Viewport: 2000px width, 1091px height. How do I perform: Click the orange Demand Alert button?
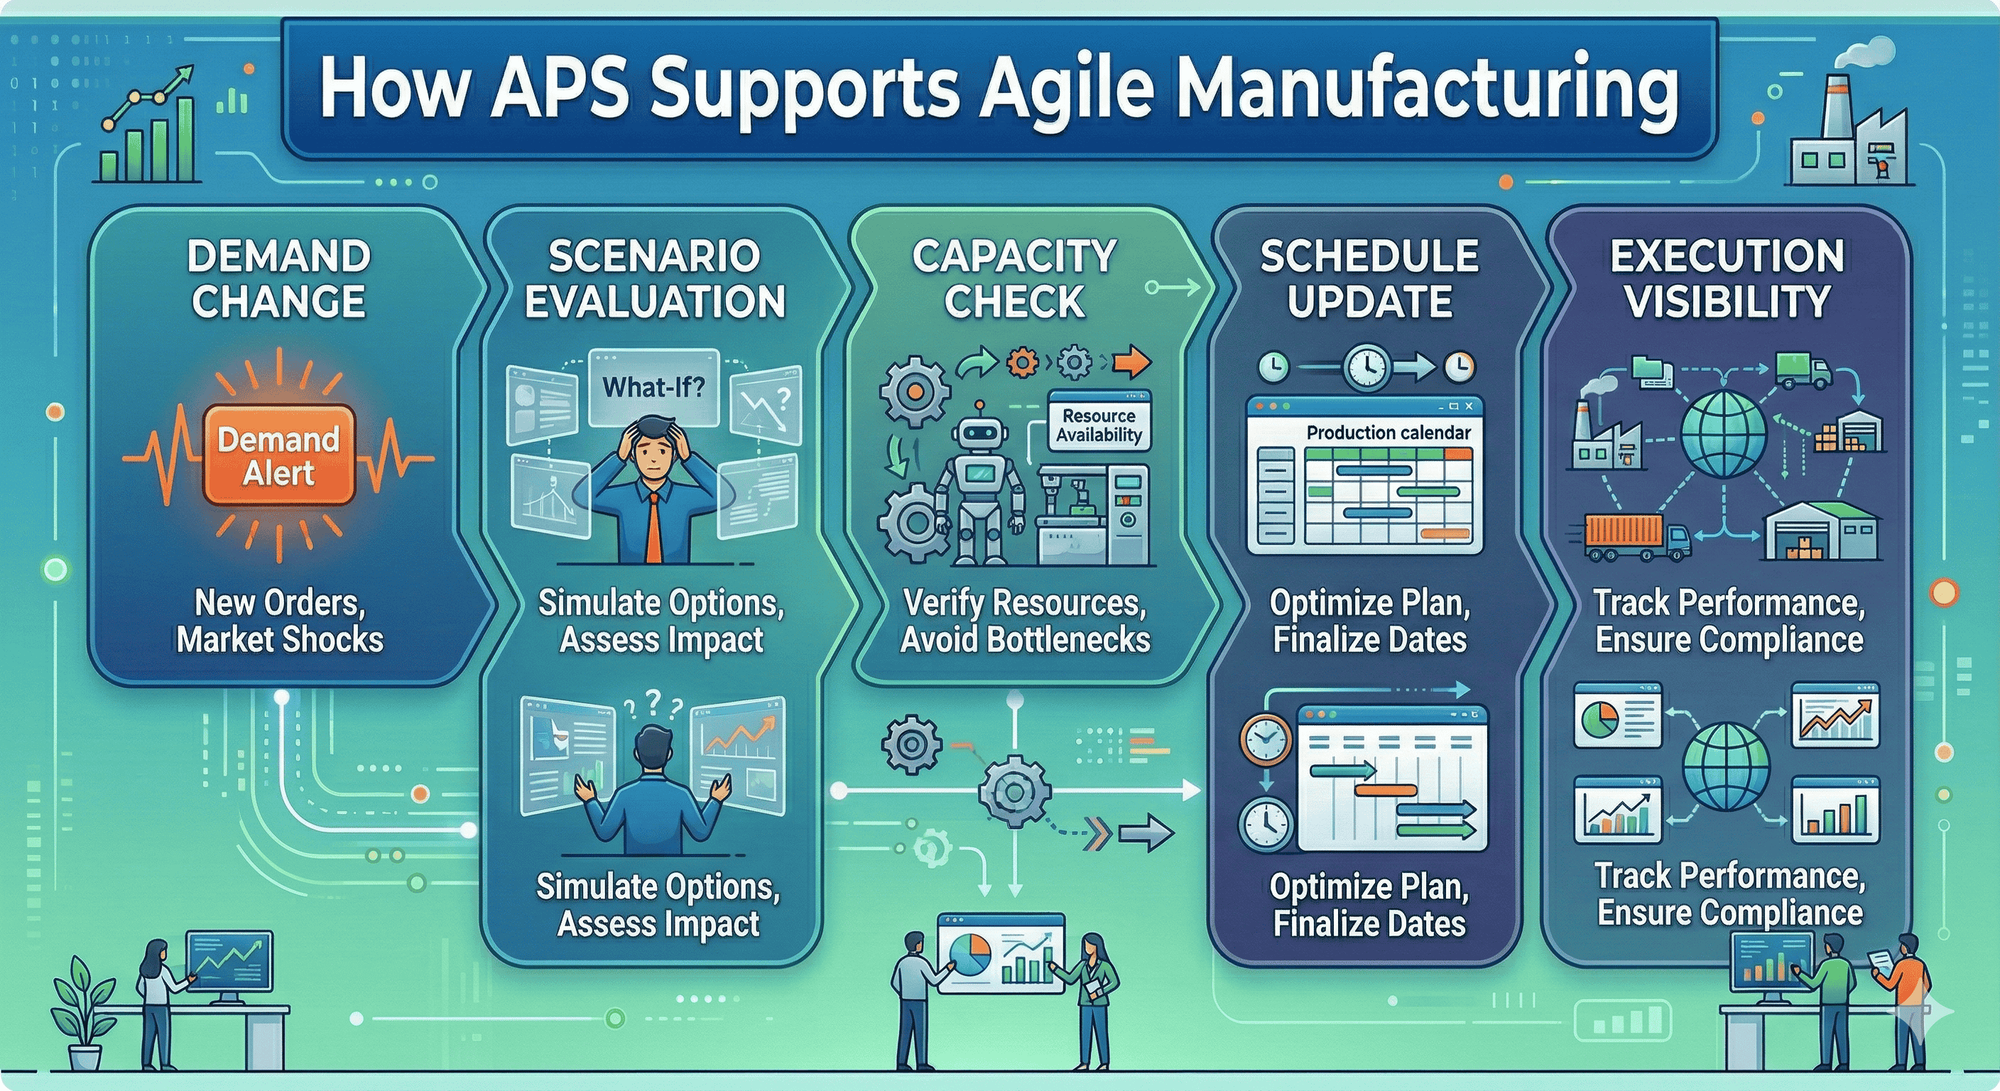pos(278,456)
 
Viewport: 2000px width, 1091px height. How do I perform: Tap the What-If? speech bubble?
pos(653,386)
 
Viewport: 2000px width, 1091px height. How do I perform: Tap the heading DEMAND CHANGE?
pos(278,278)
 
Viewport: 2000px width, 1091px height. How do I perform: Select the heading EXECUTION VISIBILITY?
pos(1727,278)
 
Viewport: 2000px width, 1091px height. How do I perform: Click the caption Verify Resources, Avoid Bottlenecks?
pos(1025,622)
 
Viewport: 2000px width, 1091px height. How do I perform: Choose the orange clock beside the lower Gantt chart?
pos(1265,739)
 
